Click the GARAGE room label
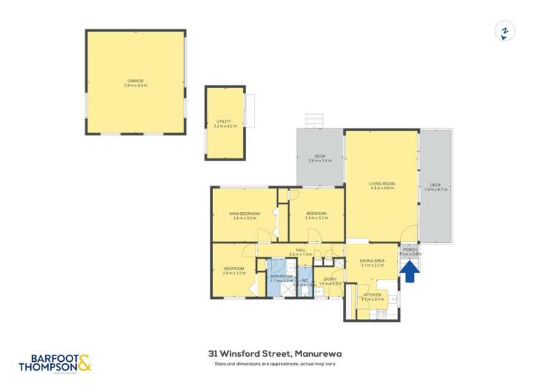(x=135, y=81)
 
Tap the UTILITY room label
(x=225, y=121)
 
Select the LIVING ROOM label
(x=382, y=183)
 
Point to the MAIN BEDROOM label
(x=245, y=213)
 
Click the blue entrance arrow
(x=410, y=272)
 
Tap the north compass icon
(x=505, y=31)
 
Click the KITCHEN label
(x=372, y=295)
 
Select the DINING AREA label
(x=372, y=260)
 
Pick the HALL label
(x=301, y=249)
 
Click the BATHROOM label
(x=281, y=276)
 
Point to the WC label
(x=304, y=280)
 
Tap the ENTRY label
(x=330, y=279)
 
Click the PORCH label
(x=410, y=249)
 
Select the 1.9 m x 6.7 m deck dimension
(x=436, y=189)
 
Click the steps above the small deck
(x=316, y=120)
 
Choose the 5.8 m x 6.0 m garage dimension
(x=135, y=86)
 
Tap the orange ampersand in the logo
(x=84, y=362)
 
